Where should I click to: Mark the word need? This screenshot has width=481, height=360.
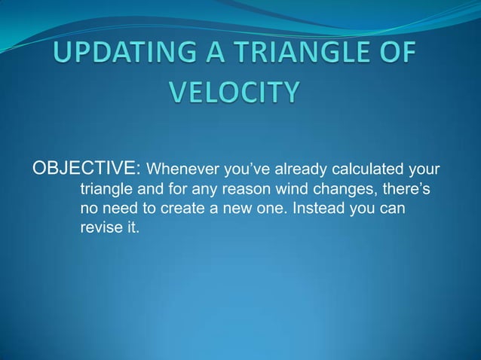[x=118, y=208]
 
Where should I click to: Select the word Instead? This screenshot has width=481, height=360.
[x=320, y=208]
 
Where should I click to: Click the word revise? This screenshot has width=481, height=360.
[x=100, y=228]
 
